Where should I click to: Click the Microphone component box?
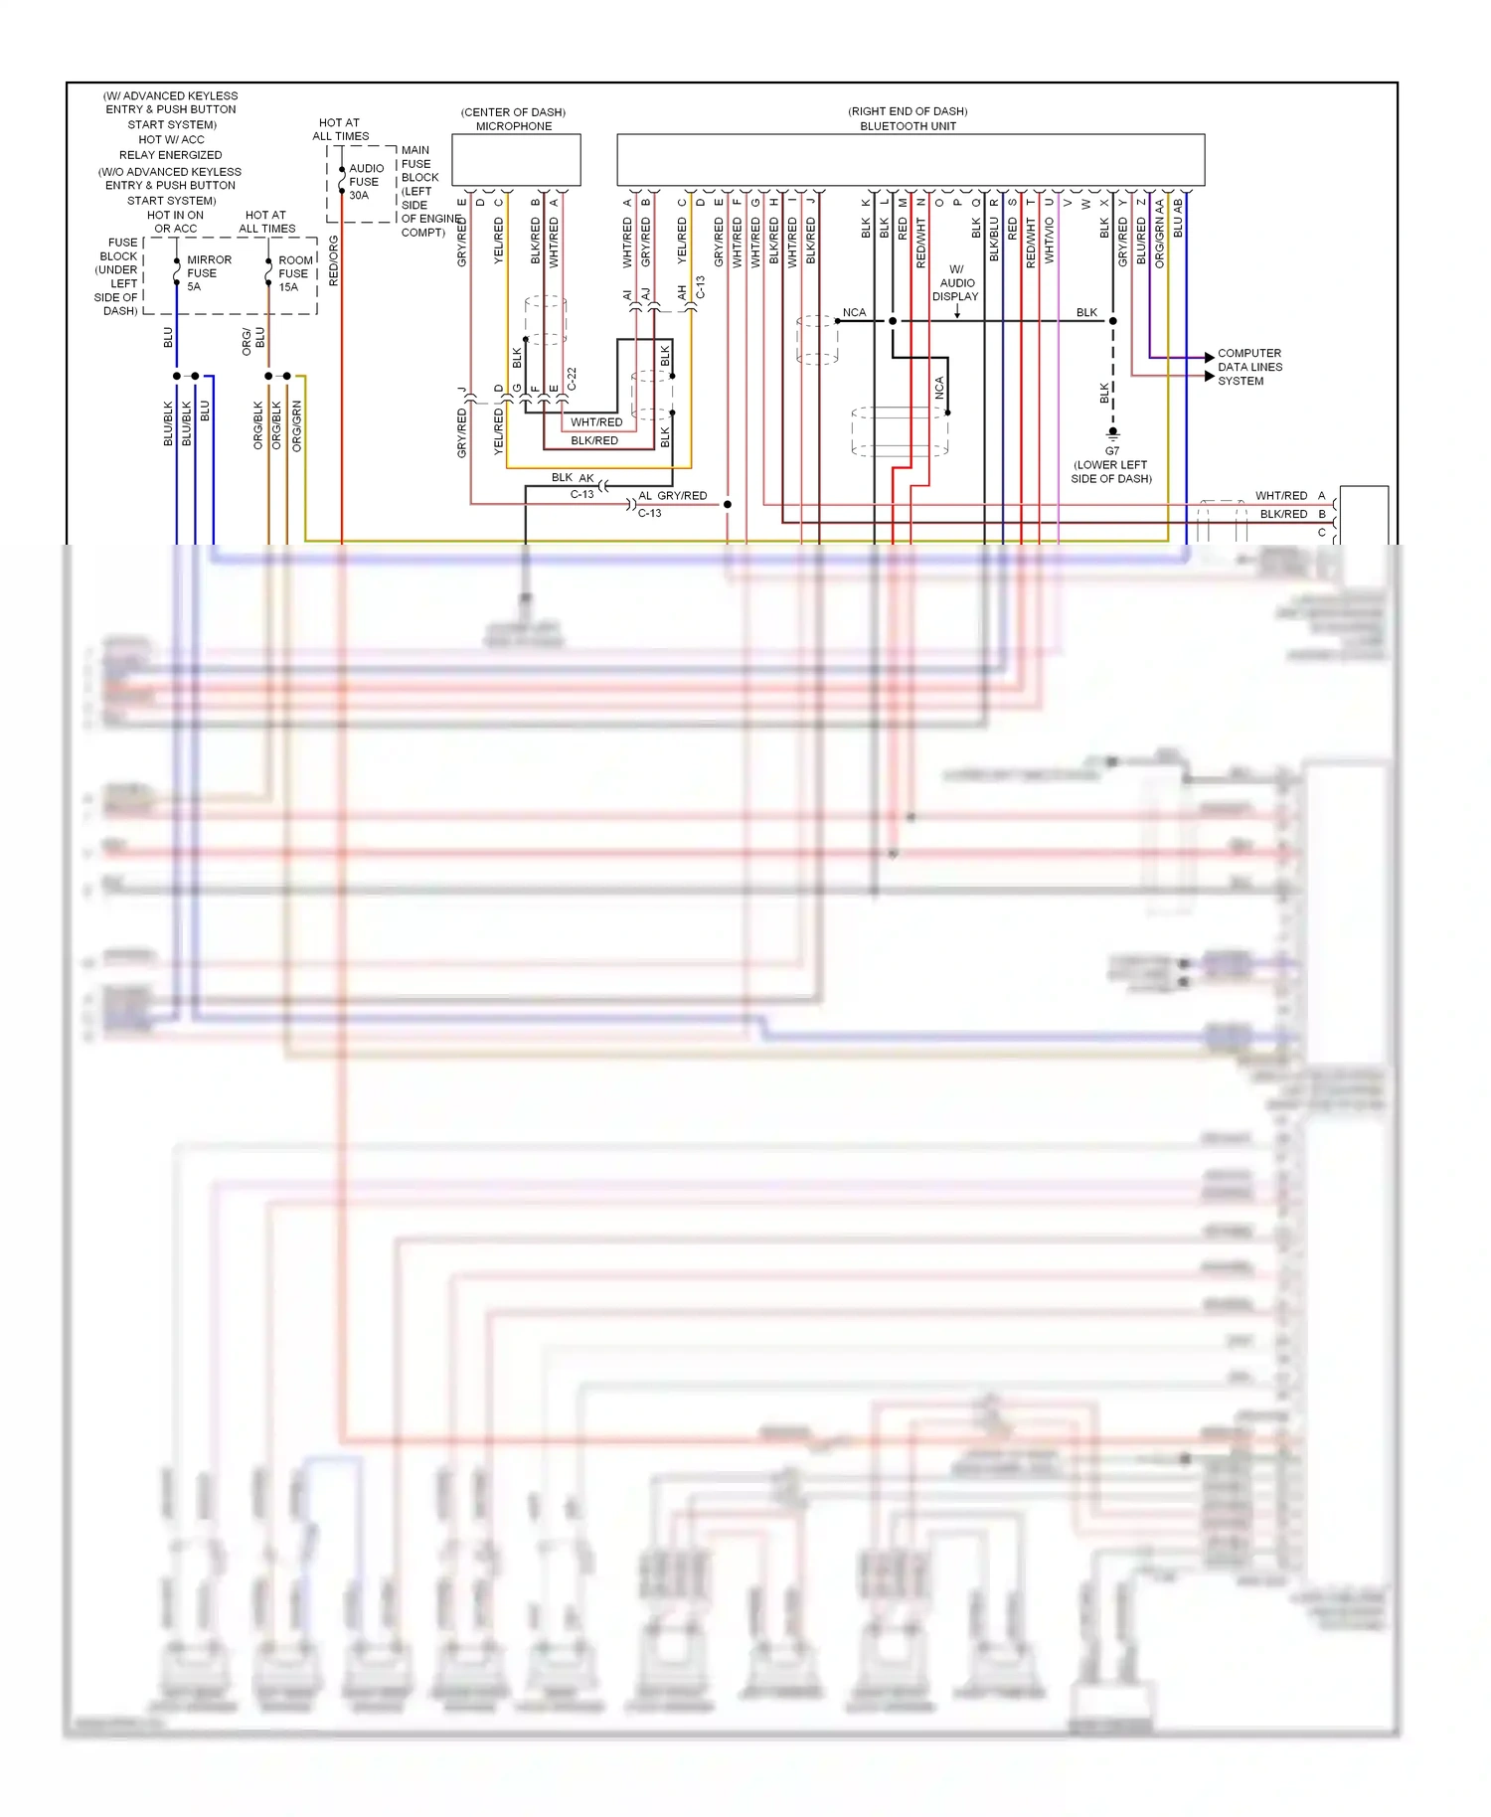tap(516, 160)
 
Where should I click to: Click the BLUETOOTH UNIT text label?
tap(908, 126)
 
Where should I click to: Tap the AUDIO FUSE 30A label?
tap(365, 182)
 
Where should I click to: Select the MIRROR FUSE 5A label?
tap(208, 273)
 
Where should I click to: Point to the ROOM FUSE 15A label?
tap(294, 273)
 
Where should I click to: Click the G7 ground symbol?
tap(1112, 433)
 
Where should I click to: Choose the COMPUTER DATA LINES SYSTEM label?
tap(1249, 367)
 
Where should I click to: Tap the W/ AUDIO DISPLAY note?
tap(955, 283)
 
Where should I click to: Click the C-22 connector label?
tap(572, 379)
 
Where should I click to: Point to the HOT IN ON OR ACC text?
tap(176, 222)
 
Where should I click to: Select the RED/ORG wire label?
tap(334, 260)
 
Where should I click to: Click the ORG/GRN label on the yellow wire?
tap(296, 425)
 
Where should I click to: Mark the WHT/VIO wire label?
tap(1049, 241)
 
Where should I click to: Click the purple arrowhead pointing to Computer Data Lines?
tap(1209, 357)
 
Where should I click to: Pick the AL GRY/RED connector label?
tap(673, 496)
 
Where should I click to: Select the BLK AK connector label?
tap(573, 478)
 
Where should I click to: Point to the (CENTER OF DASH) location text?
tap(513, 112)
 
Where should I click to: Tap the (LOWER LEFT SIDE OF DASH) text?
tap(1110, 472)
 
